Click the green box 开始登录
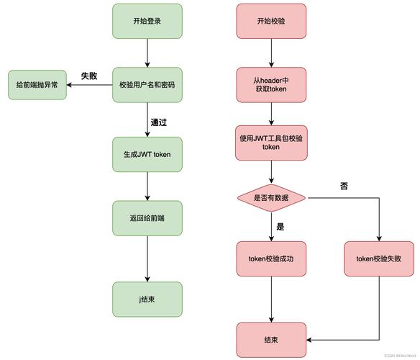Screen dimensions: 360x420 coord(147,21)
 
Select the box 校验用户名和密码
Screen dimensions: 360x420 coord(147,84)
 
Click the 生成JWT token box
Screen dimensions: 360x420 coord(147,153)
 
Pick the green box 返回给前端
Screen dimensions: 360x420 coord(147,217)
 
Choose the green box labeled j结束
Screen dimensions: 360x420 coord(147,300)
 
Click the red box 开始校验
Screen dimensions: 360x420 coord(271,21)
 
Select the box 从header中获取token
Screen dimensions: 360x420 coord(271,84)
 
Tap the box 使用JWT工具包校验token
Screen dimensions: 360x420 coord(271,143)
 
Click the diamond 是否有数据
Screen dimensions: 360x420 coord(271,197)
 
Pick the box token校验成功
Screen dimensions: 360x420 coord(271,258)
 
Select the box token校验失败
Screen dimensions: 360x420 coord(379,258)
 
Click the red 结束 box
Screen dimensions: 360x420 coord(271,339)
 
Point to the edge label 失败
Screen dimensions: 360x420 coord(89,75)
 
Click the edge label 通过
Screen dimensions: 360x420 coord(159,122)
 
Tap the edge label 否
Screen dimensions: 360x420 coord(344,185)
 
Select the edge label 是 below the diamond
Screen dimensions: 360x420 coord(280,226)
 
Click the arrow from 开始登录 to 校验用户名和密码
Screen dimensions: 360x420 coord(147,53)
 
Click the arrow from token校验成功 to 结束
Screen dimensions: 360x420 coord(271,299)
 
